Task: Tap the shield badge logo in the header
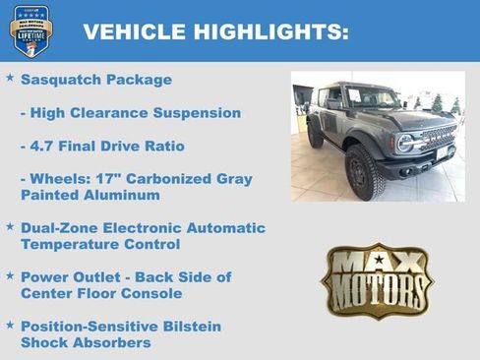click(31, 30)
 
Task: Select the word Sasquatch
click(64, 80)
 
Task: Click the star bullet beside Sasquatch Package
click(10, 78)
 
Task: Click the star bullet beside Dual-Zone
click(10, 226)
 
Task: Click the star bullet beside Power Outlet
click(10, 275)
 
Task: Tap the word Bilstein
click(186, 327)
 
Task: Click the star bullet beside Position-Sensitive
click(10, 325)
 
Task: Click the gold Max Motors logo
click(377, 280)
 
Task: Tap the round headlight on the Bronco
click(404, 143)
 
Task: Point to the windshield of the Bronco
click(371, 97)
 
